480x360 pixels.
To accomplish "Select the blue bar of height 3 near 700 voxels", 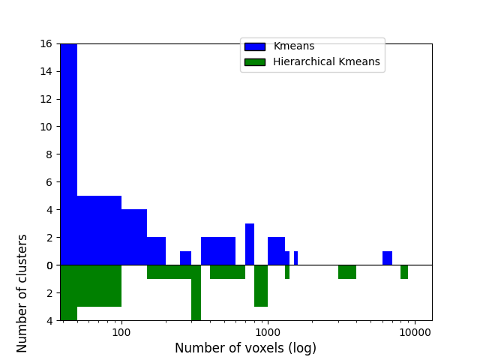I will click(x=250, y=244).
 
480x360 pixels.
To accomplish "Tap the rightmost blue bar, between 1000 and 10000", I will click(x=387, y=258).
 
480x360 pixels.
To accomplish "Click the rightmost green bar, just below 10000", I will click(x=404, y=271).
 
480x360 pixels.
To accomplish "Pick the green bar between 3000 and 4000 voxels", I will click(x=347, y=271).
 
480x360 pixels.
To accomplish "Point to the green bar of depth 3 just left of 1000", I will click(x=261, y=286).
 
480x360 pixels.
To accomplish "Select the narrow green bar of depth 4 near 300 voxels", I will click(x=196, y=292).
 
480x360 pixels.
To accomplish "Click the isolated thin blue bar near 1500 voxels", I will click(x=295, y=258).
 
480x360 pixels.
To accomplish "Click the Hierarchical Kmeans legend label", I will click(x=326, y=61).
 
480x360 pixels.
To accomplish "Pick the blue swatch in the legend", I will click(x=254, y=46).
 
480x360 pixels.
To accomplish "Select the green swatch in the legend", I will click(x=254, y=61).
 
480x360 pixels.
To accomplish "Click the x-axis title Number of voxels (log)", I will click(x=245, y=348).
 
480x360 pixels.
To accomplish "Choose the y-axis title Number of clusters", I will click(x=22, y=292).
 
